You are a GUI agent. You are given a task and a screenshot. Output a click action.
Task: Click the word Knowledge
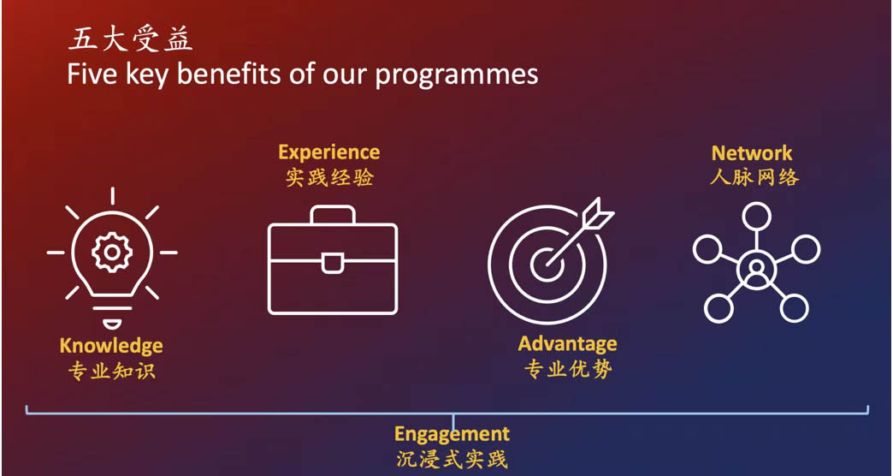coord(111,346)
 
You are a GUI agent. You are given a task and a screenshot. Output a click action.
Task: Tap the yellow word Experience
coord(329,152)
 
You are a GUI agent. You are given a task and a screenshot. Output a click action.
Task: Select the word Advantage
coord(567,344)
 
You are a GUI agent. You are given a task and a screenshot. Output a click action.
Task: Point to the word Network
coord(752,152)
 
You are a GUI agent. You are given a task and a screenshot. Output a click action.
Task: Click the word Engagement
coord(452,434)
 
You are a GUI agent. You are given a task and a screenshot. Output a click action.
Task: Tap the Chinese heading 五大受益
coord(130,40)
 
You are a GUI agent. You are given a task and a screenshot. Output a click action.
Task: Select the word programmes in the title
coord(456,77)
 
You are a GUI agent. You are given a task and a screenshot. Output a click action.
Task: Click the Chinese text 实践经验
coord(329,178)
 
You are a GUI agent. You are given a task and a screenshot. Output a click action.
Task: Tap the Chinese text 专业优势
coord(568,369)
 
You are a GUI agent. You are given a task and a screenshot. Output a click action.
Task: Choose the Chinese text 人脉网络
coord(754,176)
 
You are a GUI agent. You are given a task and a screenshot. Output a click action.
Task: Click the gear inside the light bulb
coord(112,252)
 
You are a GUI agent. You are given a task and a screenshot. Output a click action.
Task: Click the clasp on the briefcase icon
coord(333,264)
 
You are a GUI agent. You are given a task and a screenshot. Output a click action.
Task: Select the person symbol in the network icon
coord(756,269)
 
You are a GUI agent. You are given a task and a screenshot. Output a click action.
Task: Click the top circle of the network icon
coord(756,217)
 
